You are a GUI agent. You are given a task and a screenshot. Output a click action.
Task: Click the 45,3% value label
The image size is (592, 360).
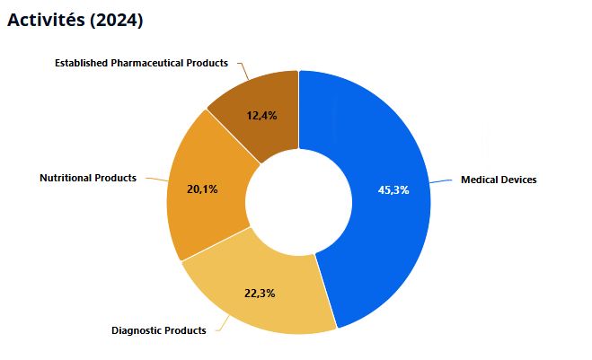393,190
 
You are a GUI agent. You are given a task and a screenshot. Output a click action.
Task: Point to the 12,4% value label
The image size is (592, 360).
261,116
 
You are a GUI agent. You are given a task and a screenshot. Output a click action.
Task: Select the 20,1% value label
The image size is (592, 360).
202,189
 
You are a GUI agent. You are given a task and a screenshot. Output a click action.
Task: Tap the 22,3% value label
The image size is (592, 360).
260,294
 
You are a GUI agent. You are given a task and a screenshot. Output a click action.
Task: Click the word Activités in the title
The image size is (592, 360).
46,20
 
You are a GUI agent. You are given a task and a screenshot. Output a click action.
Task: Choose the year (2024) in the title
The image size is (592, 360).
117,20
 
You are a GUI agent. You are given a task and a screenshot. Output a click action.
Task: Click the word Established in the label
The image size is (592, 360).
82,63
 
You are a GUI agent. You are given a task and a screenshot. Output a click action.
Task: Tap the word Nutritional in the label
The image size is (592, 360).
66,178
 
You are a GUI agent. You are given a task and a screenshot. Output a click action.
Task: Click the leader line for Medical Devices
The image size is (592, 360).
441,181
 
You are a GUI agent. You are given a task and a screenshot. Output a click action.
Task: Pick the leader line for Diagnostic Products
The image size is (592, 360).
223,324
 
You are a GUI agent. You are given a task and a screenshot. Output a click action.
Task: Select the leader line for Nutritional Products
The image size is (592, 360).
157,180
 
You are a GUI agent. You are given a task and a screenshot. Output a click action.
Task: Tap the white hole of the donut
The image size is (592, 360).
298,202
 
